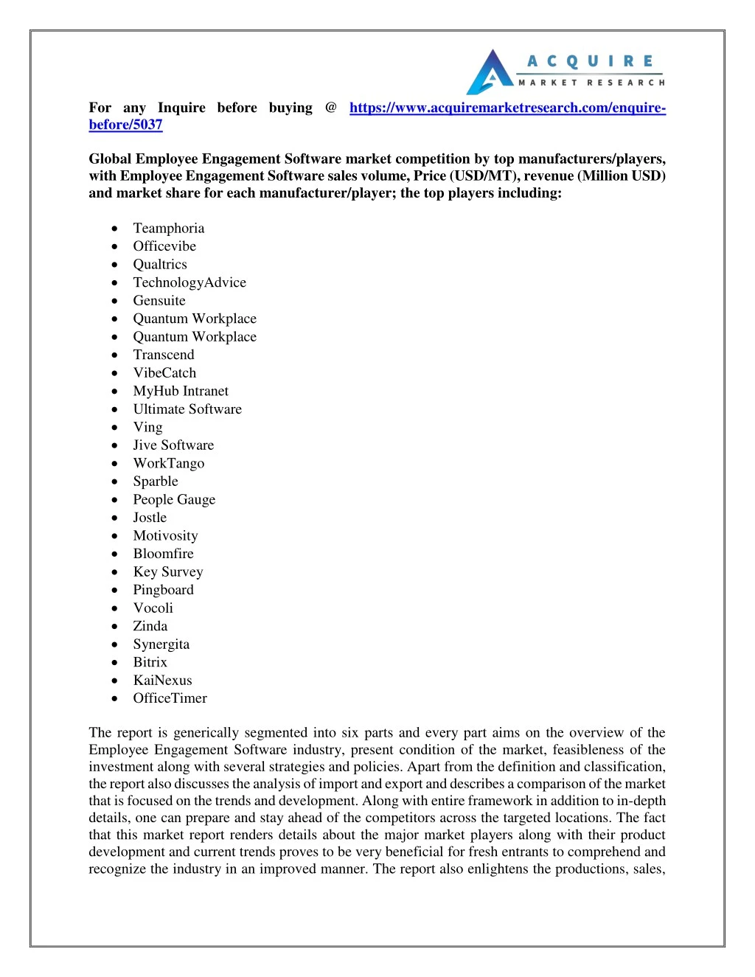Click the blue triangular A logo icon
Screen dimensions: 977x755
tap(490, 73)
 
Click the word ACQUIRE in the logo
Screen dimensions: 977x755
tap(591, 61)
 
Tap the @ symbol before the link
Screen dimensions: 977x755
tap(331, 108)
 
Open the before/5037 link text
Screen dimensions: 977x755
tap(125, 125)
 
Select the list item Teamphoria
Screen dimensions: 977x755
tap(169, 229)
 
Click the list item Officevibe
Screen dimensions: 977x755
tap(164, 246)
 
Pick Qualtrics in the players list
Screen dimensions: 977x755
tap(160, 265)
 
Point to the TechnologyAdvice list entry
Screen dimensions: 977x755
tap(189, 282)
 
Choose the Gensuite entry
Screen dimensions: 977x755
tap(159, 301)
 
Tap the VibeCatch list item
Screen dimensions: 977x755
tap(164, 373)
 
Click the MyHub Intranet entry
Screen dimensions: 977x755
tap(181, 391)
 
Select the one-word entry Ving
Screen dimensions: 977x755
tap(147, 427)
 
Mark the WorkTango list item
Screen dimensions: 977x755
tap(169, 463)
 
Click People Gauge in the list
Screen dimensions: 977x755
tap(174, 499)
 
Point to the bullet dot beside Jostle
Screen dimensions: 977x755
tap(114, 518)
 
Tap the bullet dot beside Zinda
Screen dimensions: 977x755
tap(114, 626)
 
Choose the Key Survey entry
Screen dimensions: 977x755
tap(168, 571)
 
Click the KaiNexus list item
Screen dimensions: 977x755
tap(162, 681)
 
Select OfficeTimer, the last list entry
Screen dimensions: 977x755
tap(170, 698)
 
